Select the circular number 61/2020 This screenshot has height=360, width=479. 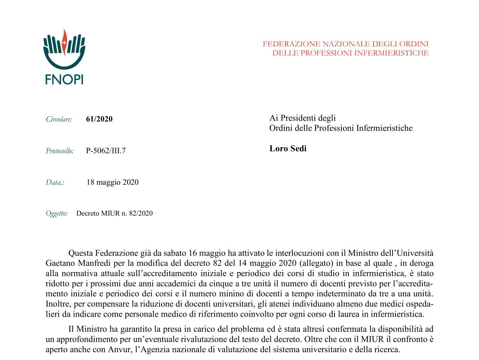99,119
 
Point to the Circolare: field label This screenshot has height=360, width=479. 59,119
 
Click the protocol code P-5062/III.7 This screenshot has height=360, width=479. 106,151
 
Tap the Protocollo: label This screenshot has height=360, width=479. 59,151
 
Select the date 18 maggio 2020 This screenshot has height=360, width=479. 112,182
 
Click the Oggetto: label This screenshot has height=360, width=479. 57,213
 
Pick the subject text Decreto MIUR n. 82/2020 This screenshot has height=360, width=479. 114,213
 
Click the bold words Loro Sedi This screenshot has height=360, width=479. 288,149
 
